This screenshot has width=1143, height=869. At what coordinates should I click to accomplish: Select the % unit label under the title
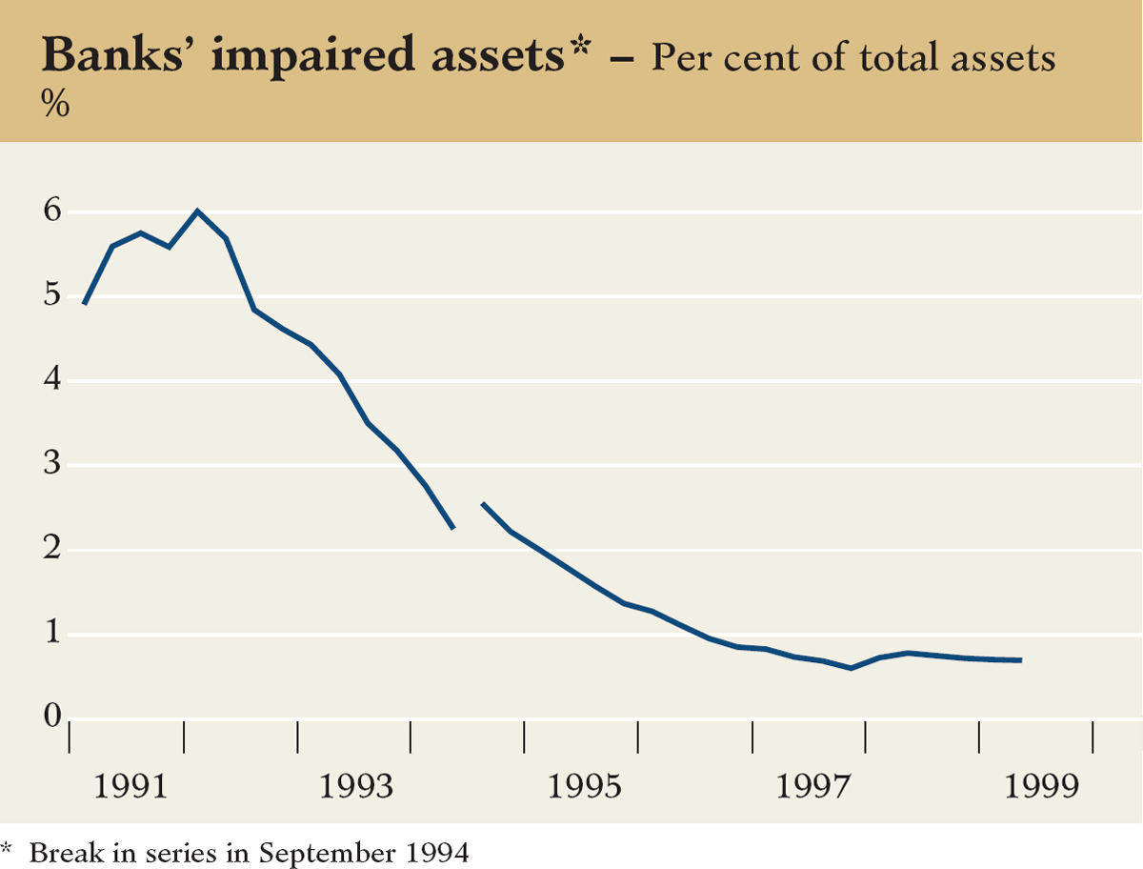click(55, 105)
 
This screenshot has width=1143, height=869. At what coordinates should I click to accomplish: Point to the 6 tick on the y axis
click(53, 212)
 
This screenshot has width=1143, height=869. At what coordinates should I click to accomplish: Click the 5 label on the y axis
click(53, 296)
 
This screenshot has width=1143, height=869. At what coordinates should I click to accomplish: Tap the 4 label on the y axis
click(53, 380)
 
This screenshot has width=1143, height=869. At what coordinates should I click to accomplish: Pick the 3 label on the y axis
click(53, 465)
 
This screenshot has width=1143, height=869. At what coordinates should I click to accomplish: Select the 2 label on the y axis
click(53, 550)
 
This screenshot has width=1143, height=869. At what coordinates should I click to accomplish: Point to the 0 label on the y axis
click(53, 717)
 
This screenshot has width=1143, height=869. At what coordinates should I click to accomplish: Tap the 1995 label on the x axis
click(581, 787)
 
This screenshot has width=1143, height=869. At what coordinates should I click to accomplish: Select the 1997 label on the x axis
click(810, 787)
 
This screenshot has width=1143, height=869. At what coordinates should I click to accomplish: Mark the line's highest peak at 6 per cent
click(197, 211)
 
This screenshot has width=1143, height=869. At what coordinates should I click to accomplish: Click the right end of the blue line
click(1021, 660)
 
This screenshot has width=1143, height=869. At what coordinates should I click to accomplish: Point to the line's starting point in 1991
click(85, 303)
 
